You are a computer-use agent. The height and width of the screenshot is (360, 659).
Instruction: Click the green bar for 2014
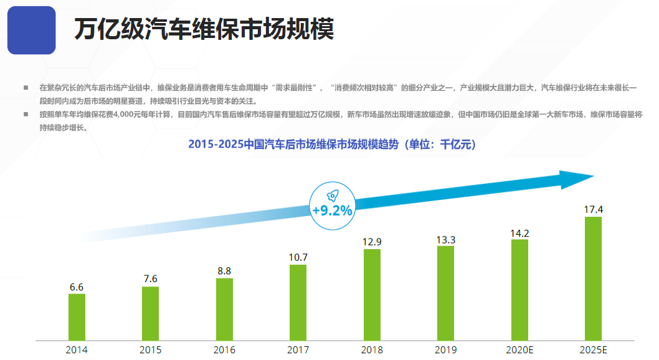pyautogui.click(x=77, y=317)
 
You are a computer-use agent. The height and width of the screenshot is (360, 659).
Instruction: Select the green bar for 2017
pyautogui.click(x=298, y=303)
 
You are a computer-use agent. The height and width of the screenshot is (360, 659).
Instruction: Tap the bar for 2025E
pyautogui.click(x=593, y=278)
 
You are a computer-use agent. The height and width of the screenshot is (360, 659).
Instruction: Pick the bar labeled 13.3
pyautogui.click(x=445, y=293)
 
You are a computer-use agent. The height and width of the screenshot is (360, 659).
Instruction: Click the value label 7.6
pyautogui.click(x=150, y=278)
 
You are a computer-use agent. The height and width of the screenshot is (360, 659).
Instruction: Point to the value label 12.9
pyautogui.click(x=372, y=241)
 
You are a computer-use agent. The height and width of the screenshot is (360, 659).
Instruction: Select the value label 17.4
pyautogui.click(x=593, y=209)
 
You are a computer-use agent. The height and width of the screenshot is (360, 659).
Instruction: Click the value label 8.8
pyautogui.click(x=224, y=270)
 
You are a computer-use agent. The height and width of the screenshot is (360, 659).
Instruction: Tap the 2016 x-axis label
pyautogui.click(x=224, y=350)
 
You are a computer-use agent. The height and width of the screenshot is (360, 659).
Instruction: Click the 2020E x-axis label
pyautogui.click(x=519, y=350)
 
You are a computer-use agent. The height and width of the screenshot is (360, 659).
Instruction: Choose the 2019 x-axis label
pyautogui.click(x=445, y=350)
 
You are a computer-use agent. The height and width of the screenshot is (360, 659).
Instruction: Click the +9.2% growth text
pyautogui.click(x=332, y=211)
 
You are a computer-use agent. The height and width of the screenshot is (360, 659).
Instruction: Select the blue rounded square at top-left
pyautogui.click(x=31, y=30)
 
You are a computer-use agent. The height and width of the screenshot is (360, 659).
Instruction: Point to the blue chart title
pyautogui.click(x=332, y=144)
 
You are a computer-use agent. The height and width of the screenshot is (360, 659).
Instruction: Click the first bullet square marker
pyautogui.click(x=26, y=88)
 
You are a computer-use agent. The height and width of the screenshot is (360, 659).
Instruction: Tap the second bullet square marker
pyautogui.click(x=26, y=115)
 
